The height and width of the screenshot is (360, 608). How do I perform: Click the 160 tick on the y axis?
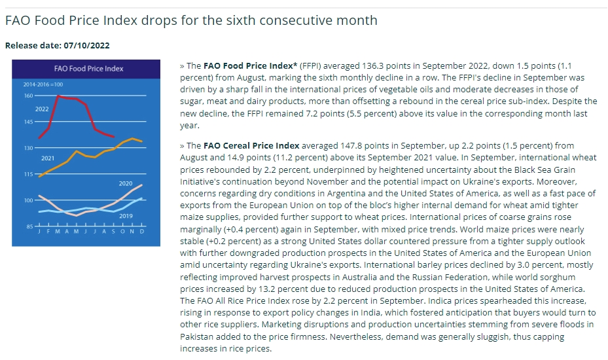[29, 96]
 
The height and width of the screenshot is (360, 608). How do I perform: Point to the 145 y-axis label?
[29, 122]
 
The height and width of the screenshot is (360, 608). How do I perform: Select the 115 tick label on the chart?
[29, 174]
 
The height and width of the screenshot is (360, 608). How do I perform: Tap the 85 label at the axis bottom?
[30, 226]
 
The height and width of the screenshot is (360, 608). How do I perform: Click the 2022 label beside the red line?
[42, 109]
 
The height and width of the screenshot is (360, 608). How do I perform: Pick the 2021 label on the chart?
[48, 158]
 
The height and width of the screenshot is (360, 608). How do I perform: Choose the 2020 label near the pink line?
[126, 183]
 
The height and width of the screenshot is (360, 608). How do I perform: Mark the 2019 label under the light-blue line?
[126, 216]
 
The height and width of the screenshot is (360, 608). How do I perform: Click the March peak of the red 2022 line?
[58, 96]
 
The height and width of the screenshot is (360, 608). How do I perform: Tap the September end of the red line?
[113, 137]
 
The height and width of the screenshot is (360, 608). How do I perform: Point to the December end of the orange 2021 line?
[141, 141]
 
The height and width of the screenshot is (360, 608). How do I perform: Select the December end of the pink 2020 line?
[141, 185]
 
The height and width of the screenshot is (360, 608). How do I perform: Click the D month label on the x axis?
[142, 232]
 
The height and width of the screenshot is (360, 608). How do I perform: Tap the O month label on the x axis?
[123, 232]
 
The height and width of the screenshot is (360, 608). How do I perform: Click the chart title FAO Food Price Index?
[89, 69]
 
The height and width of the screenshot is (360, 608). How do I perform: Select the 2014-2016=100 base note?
[43, 84]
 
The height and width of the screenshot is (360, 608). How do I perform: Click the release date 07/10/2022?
[87, 45]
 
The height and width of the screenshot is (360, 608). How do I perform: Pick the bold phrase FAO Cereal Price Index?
[251, 145]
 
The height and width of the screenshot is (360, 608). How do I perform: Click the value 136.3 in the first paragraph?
[372, 65]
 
